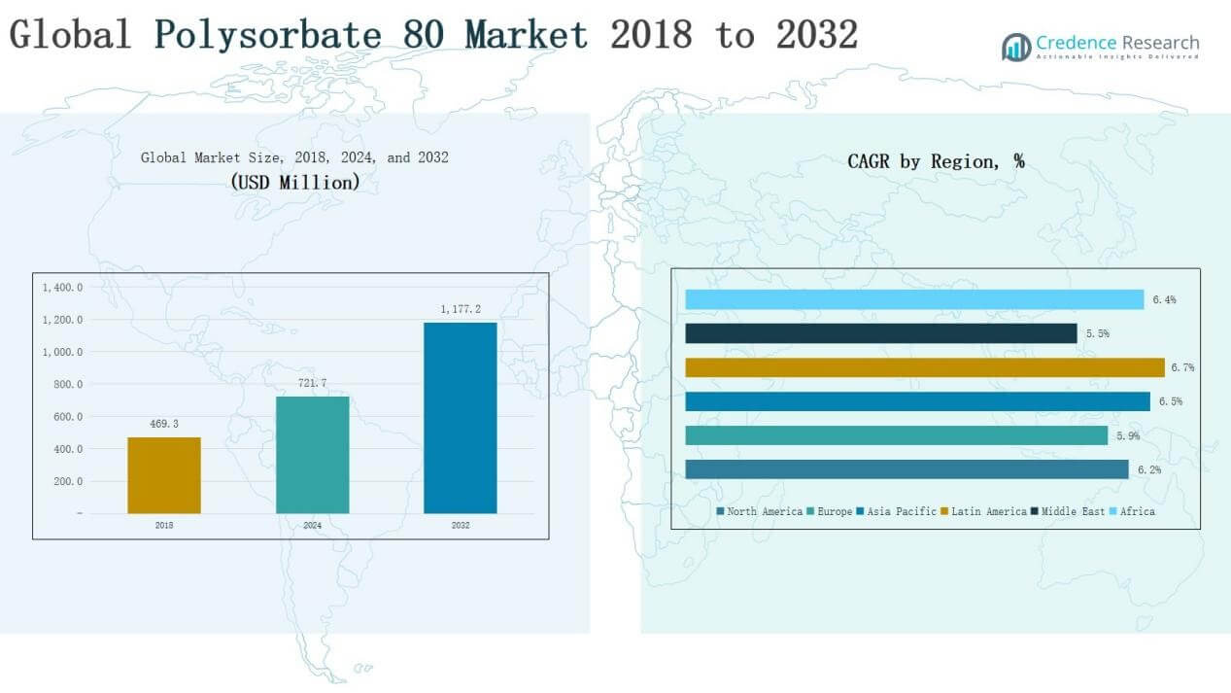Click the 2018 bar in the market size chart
164,475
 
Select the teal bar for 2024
312,455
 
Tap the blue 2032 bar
461,418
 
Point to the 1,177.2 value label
461,309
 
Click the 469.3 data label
164,424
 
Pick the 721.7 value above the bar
312,383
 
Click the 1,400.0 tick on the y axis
62,288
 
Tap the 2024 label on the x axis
312,525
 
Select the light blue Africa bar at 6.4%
914,299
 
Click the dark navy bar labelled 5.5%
880,333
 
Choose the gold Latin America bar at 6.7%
924,367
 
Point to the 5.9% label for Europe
1127,435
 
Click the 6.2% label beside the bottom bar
1148,469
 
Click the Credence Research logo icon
1016,47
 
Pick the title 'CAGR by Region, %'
936,161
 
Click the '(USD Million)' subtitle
294,182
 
